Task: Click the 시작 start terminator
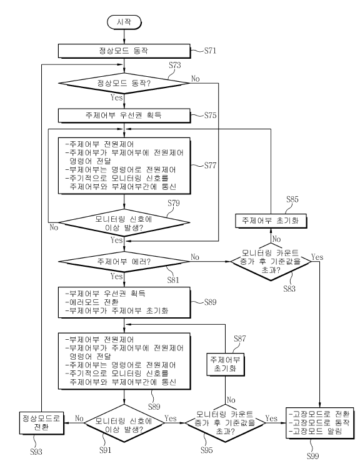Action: [x=124, y=22]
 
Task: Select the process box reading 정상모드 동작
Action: [x=124, y=51]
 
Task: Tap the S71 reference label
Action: [x=210, y=51]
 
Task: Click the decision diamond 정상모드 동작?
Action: [x=124, y=84]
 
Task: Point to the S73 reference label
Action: [x=175, y=65]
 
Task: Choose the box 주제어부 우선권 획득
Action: [x=124, y=116]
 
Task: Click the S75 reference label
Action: [x=210, y=115]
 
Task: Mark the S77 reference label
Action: [x=210, y=166]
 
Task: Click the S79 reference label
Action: [x=174, y=203]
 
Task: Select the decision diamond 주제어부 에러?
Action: [x=124, y=262]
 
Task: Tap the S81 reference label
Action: [x=173, y=280]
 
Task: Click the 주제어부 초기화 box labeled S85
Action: [x=271, y=221]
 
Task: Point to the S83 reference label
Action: [x=289, y=289]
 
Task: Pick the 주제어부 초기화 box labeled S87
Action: [x=226, y=364]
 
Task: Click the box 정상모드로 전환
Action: [x=42, y=423]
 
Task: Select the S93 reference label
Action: [x=36, y=452]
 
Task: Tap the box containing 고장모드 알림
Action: [x=320, y=424]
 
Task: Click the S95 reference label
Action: [x=206, y=450]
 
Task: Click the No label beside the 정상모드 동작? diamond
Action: [x=195, y=79]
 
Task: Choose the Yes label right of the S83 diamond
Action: [x=317, y=257]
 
